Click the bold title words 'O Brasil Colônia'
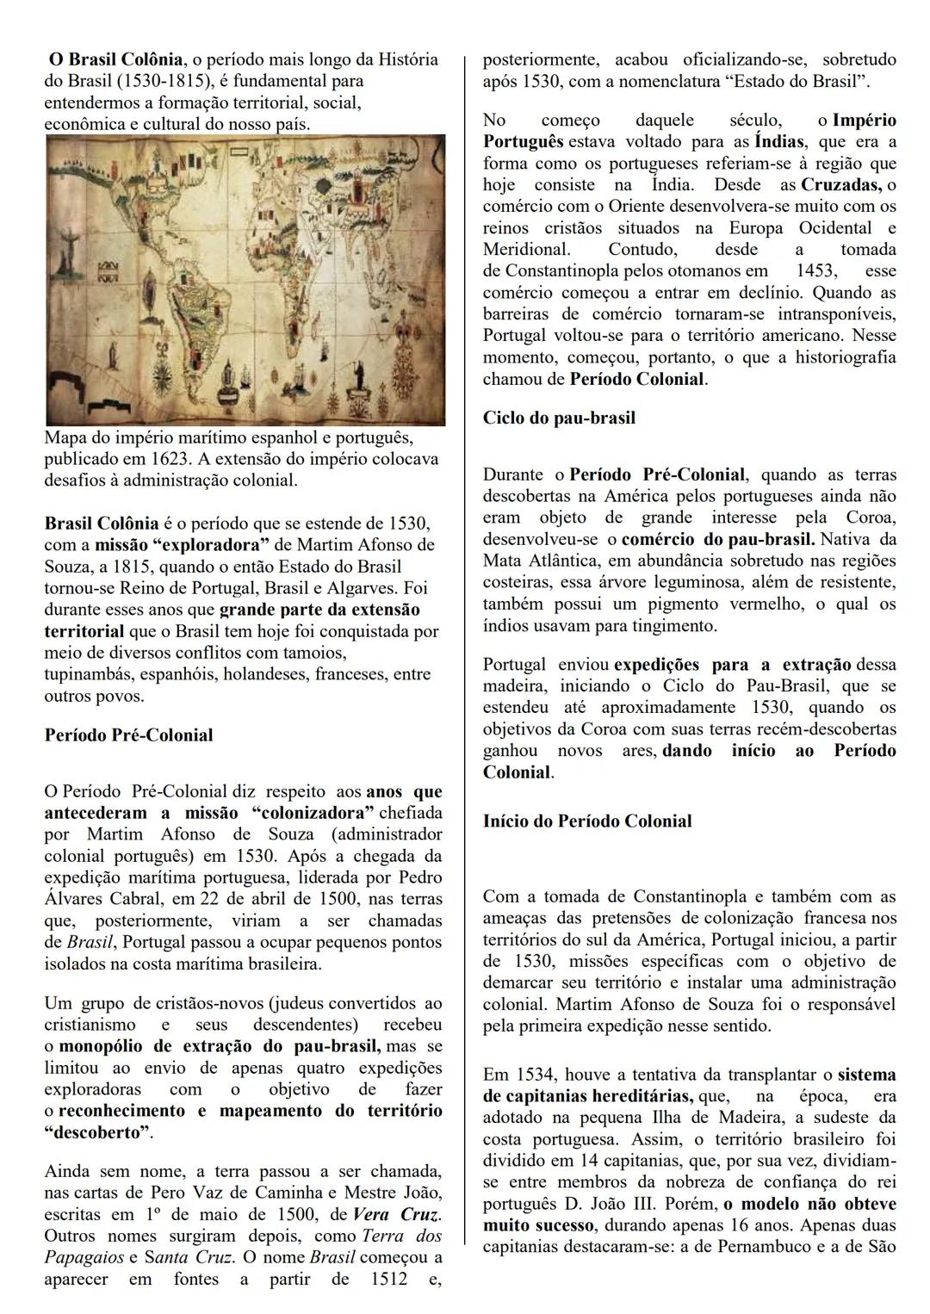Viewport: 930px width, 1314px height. [115, 59]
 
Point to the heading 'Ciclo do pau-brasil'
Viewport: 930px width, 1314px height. [559, 418]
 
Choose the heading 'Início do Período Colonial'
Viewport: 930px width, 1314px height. [586, 821]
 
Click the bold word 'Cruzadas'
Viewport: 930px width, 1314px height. [840, 184]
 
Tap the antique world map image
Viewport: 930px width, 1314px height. [245, 280]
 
